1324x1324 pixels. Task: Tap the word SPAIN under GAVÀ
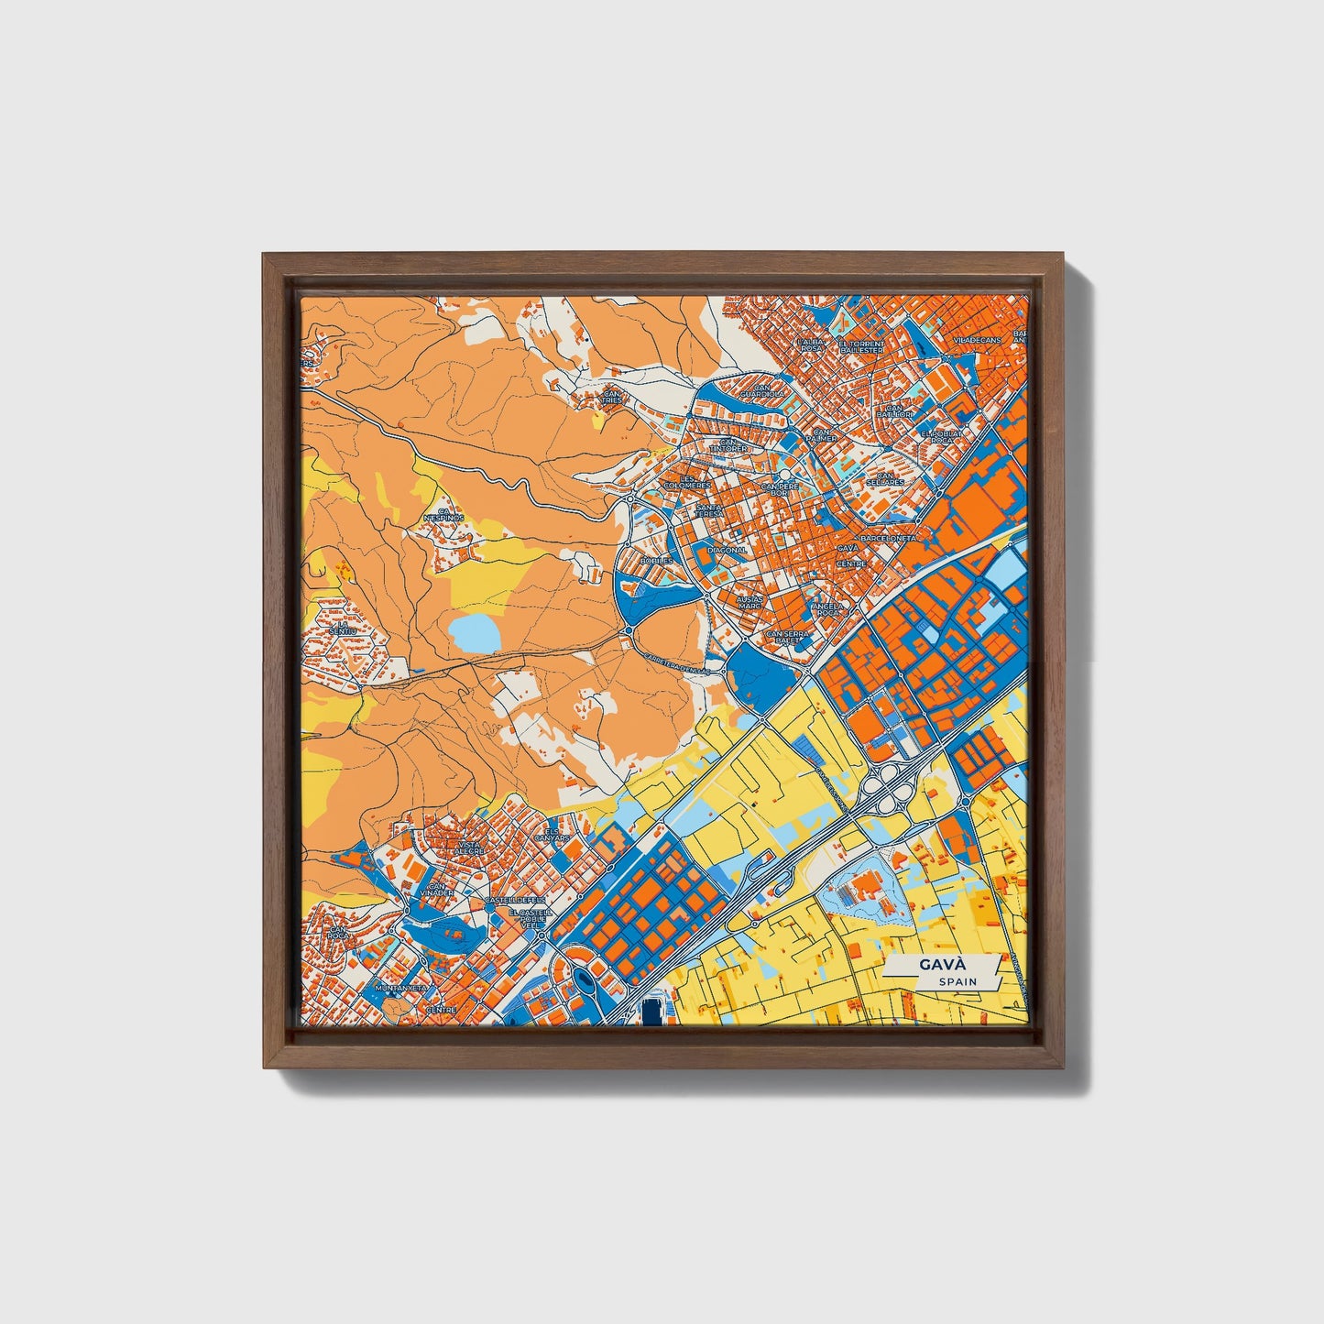[x=957, y=982]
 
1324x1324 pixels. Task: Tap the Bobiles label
[x=656, y=561]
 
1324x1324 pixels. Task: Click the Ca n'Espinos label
[x=443, y=515]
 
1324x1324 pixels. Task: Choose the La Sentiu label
[x=344, y=629]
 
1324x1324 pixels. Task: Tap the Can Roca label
[x=339, y=933]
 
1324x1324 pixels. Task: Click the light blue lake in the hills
[x=475, y=631]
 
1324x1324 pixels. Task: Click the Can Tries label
[x=611, y=397]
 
